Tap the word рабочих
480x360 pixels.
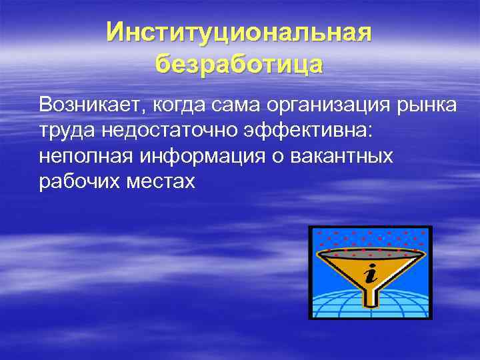click(x=75, y=182)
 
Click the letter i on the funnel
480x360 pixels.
click(x=370, y=273)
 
